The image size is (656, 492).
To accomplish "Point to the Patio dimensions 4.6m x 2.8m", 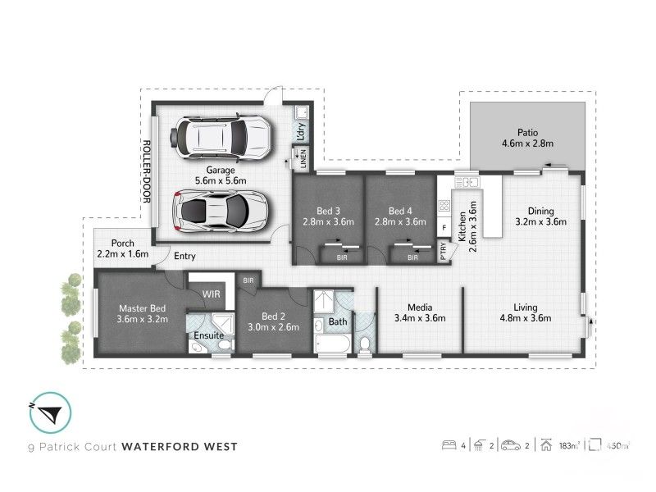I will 527,143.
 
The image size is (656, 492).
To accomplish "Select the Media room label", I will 419,307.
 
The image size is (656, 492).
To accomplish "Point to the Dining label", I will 540,209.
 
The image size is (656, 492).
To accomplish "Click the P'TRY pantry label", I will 444,252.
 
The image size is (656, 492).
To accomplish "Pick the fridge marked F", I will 444,227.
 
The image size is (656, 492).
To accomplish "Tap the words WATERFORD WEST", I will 180,447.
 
